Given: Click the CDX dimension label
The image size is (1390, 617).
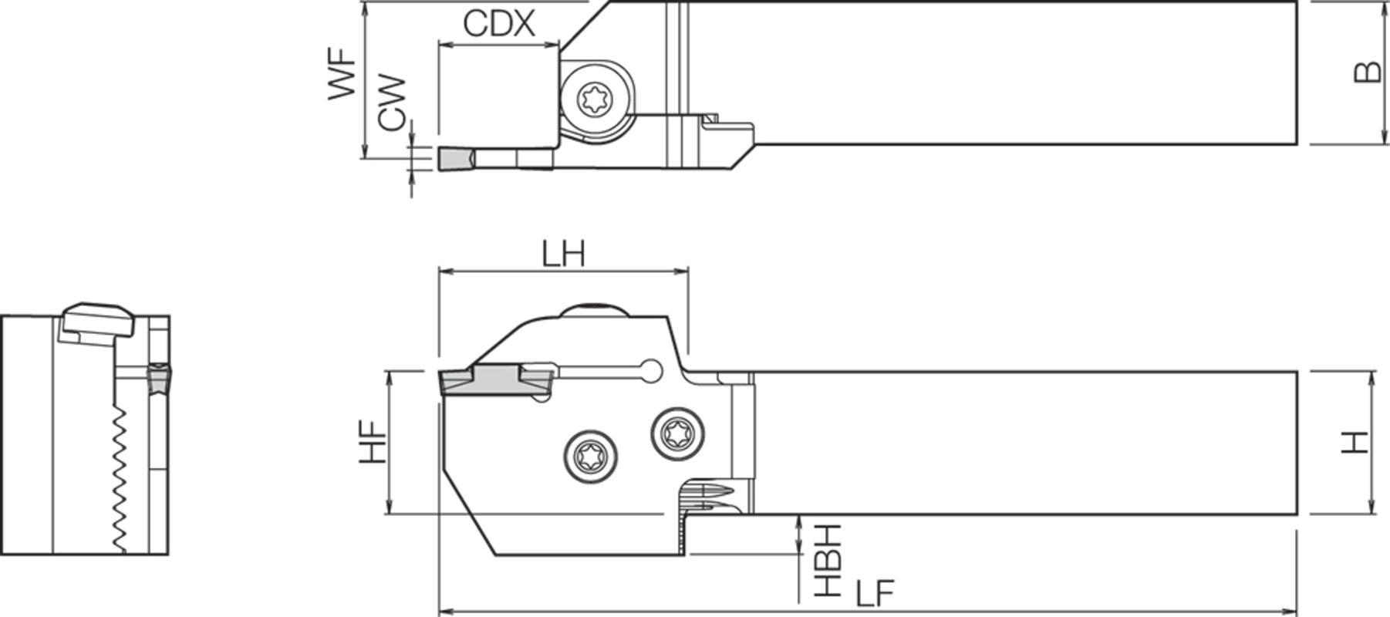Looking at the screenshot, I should coord(498,24).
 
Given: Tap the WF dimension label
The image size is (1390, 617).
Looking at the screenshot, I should coord(343,75).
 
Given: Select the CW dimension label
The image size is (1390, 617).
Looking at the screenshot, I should coord(392,103).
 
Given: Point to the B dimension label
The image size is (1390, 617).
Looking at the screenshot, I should coord(1368,72).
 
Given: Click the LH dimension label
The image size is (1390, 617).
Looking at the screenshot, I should coord(562,253).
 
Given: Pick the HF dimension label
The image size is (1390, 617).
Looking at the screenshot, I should coord(373,442).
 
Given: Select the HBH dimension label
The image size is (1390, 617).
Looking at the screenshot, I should coord(828,561).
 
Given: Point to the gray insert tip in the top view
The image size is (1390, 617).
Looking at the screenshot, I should coord(454,160).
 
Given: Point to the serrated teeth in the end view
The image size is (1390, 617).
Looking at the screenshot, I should coord(119,478).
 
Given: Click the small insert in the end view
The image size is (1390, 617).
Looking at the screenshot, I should coord(160,378).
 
